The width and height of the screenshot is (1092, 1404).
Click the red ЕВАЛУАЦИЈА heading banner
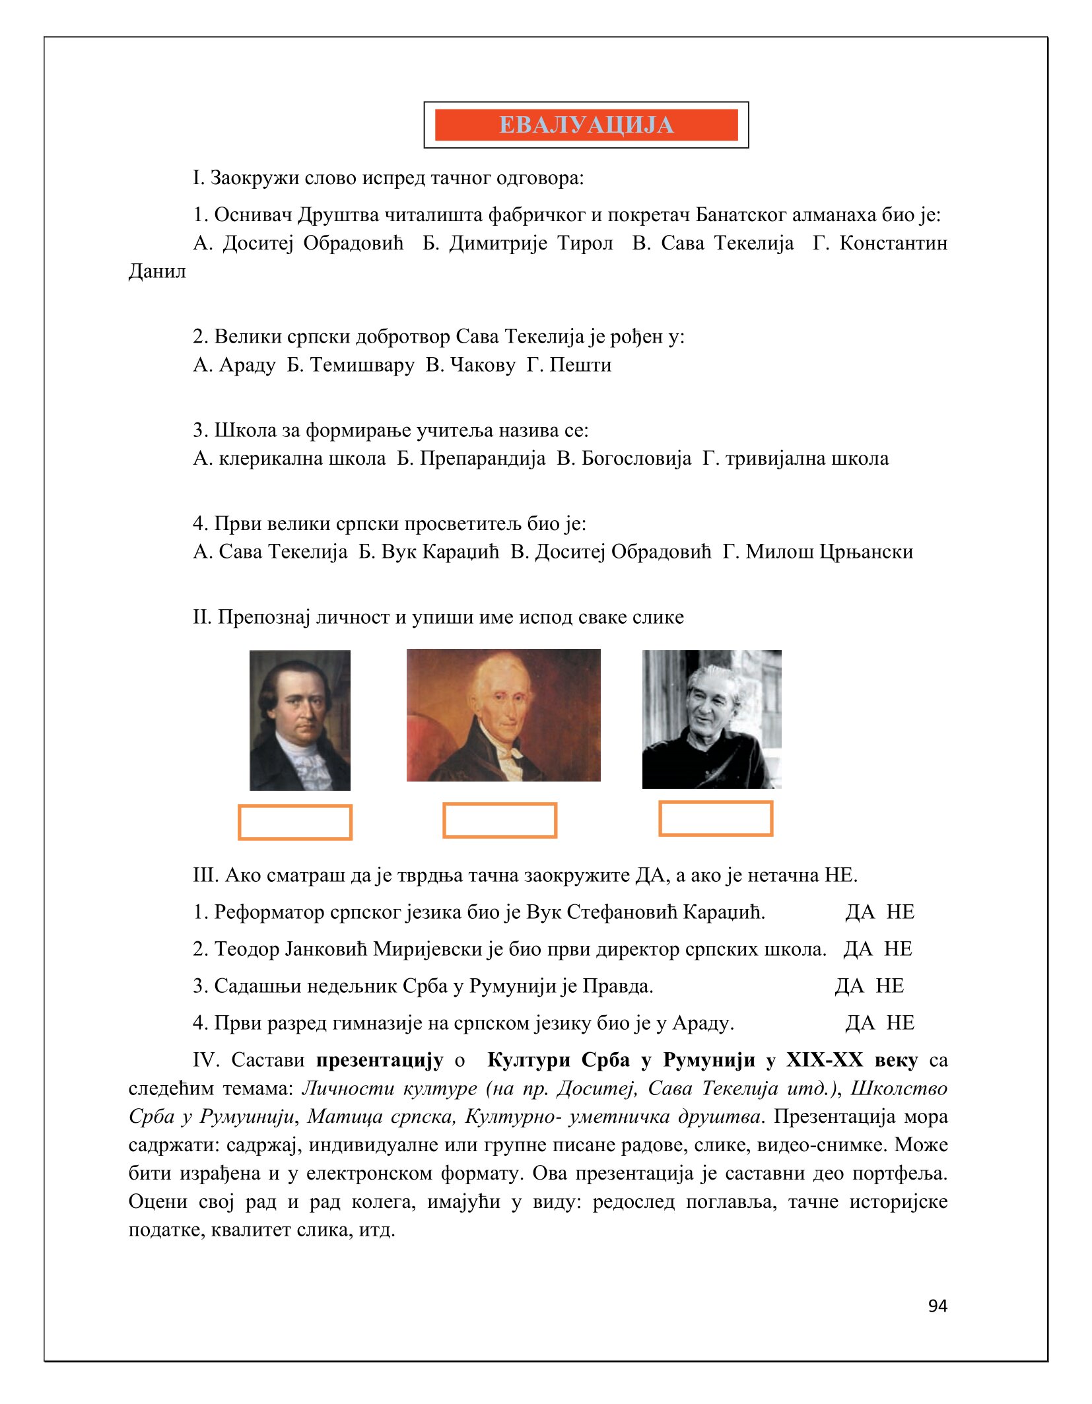click(586, 125)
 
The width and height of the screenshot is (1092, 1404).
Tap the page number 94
click(937, 1306)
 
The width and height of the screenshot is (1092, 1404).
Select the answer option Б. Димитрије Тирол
click(518, 243)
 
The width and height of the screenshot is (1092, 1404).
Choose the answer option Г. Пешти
click(568, 364)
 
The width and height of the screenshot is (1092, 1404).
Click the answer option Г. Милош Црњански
click(817, 551)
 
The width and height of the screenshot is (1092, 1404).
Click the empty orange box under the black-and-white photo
click(716, 819)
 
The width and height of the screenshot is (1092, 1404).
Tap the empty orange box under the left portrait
click(295, 822)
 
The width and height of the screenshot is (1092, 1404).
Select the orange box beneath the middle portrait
click(500, 820)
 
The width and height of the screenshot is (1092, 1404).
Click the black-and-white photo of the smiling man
click(712, 719)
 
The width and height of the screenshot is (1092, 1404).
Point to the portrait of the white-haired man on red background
click(503, 715)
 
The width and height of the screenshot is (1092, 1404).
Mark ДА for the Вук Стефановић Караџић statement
click(860, 912)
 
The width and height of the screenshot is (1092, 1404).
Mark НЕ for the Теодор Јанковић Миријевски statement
click(898, 949)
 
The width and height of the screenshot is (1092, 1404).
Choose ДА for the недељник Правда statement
click(849, 986)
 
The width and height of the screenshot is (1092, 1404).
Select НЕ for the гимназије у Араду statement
click(900, 1023)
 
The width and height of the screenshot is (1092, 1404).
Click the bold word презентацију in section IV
click(380, 1060)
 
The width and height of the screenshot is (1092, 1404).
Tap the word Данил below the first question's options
click(157, 271)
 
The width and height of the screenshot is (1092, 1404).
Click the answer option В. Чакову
click(470, 364)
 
